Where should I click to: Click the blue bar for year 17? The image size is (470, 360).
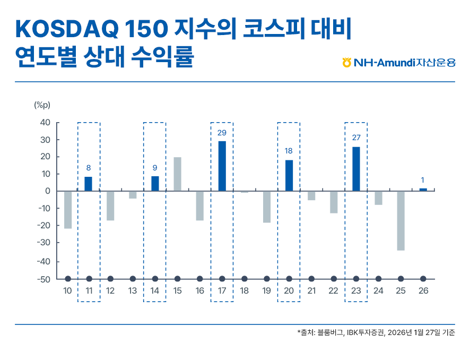point(222,166)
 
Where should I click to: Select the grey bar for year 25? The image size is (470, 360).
point(401,220)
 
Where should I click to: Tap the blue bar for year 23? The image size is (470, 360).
point(356,169)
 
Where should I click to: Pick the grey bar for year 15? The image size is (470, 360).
point(177,174)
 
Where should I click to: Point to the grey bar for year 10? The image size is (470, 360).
point(68,210)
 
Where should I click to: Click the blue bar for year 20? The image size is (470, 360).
point(289,175)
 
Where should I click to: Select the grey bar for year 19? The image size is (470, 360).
point(267,207)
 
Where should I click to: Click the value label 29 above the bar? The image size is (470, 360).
point(222,132)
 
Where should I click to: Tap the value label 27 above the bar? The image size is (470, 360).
point(356,138)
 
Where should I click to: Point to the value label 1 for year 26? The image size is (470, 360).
point(423,179)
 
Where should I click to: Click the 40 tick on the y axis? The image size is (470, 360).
point(45,123)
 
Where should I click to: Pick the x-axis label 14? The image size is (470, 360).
point(155,291)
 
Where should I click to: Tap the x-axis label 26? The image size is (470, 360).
point(423,291)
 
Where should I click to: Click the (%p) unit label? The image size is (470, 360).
point(42,105)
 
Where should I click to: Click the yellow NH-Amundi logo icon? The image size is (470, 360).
point(347,63)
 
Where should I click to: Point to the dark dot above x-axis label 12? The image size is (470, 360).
point(110,279)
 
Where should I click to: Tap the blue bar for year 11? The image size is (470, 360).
point(88,184)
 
